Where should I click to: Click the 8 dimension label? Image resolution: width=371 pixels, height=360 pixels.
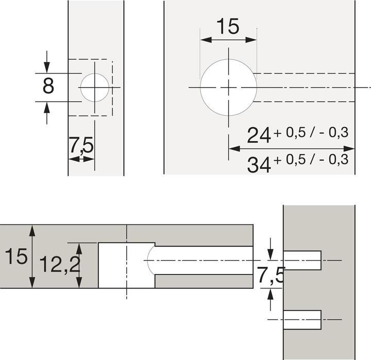(48, 87)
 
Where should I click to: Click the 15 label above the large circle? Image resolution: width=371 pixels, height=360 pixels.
(228, 26)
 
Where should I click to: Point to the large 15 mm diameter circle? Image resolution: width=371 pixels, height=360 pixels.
(228, 88)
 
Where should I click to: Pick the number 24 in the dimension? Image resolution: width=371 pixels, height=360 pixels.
(259, 135)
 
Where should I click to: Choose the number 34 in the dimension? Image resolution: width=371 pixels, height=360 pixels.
(259, 165)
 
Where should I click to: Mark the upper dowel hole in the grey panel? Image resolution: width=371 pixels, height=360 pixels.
(302, 261)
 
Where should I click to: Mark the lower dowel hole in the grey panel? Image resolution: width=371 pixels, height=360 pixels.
(302, 320)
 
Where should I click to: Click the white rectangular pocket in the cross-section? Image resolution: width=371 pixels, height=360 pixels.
(126, 265)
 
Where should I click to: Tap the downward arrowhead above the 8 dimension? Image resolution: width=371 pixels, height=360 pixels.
(47, 68)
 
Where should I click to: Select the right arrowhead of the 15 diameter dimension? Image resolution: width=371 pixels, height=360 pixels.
(252, 40)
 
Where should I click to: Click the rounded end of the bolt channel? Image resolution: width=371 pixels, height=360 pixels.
(150, 260)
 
